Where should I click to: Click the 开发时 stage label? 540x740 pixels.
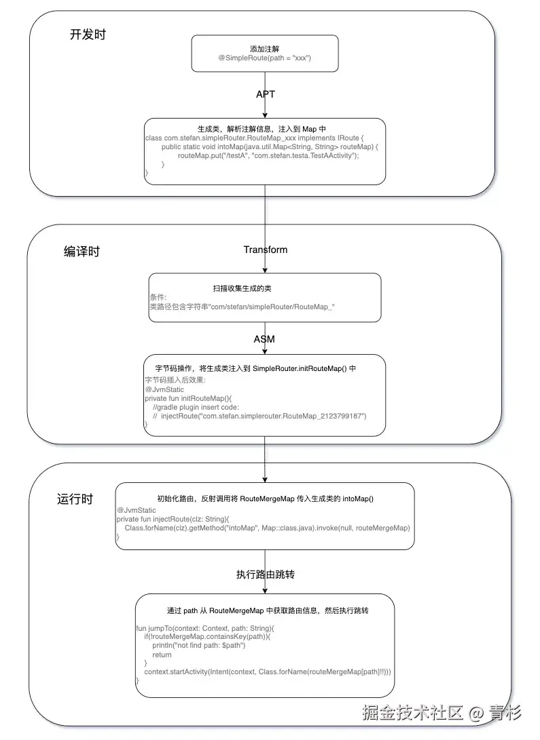tap(88, 35)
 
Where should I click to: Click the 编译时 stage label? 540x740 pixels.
tap(82, 252)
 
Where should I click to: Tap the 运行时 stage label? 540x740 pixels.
tap(75, 499)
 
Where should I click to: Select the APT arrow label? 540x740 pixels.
tap(265, 94)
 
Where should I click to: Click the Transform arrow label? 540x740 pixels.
tap(265, 250)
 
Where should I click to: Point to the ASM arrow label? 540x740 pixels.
tap(264, 338)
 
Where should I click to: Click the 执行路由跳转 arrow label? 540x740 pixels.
tap(265, 575)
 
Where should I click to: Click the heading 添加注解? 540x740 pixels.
tap(264, 48)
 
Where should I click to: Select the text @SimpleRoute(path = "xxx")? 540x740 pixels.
tap(264, 59)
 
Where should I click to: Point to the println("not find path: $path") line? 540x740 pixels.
tap(198, 645)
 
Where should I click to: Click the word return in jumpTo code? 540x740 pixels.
tap(162, 655)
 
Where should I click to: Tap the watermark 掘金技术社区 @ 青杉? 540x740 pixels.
tap(442, 713)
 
